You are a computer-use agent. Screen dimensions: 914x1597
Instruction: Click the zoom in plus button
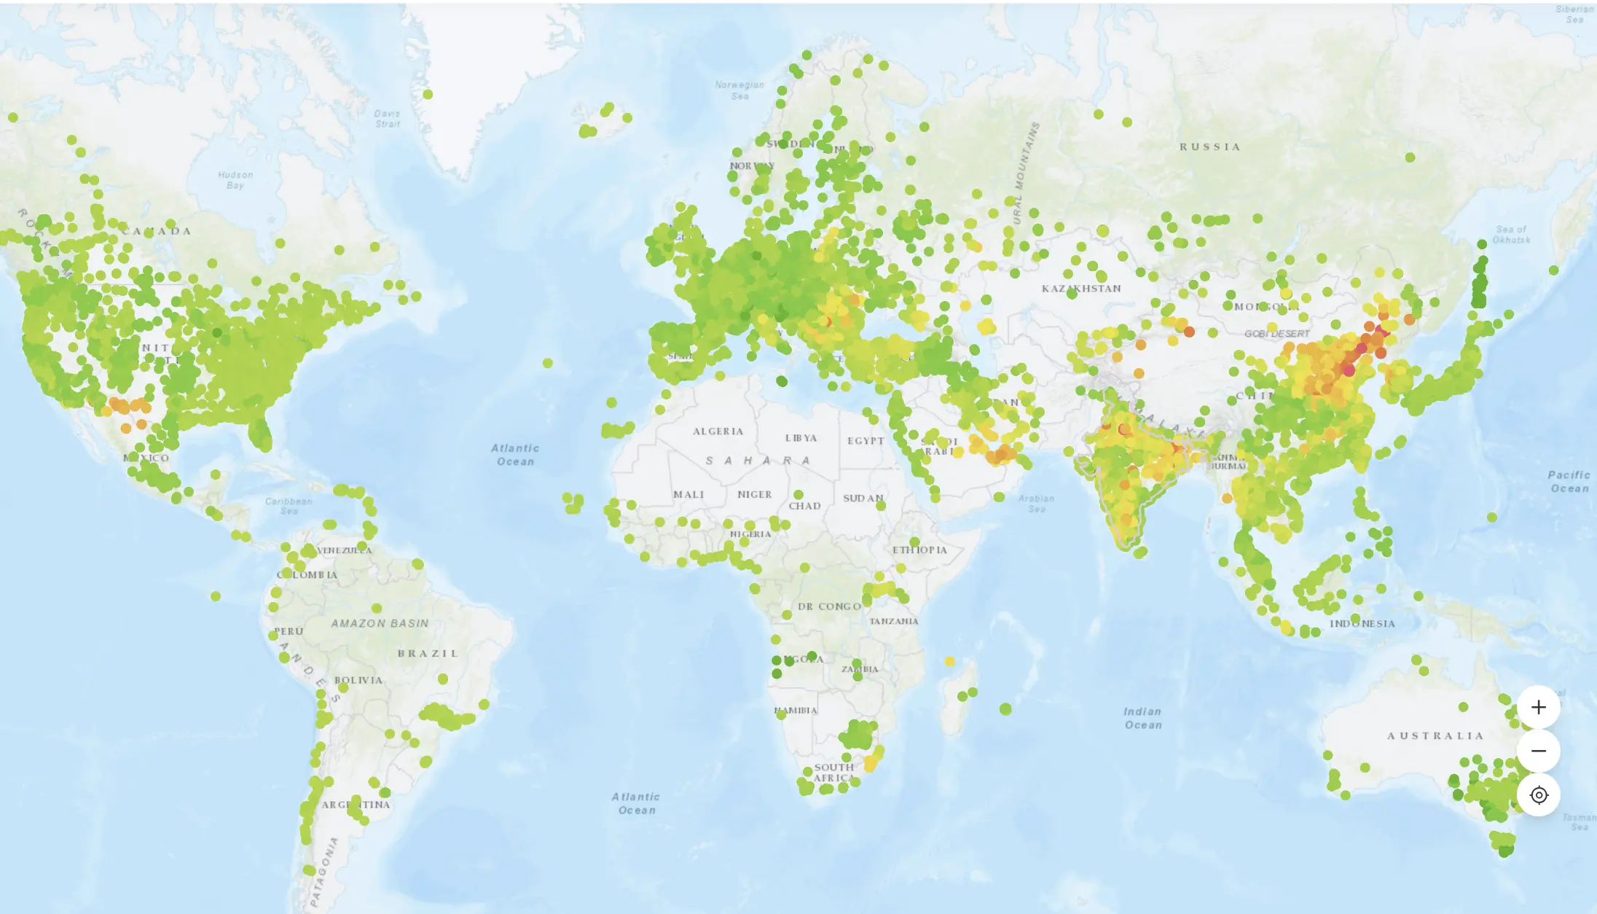tap(1538, 707)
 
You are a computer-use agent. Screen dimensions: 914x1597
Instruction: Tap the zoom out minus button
tap(1538, 751)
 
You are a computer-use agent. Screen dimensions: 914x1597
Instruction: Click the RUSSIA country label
tap(1209, 147)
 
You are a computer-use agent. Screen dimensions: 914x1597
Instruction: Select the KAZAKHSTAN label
tap(1081, 289)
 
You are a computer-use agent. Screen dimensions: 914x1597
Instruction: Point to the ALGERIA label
tap(718, 431)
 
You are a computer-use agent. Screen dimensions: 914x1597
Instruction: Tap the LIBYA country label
tap(801, 438)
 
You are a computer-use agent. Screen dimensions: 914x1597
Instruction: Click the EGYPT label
tap(866, 441)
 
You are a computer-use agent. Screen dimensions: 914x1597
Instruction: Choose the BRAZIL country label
tap(428, 653)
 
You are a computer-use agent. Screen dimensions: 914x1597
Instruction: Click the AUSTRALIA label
tap(1435, 736)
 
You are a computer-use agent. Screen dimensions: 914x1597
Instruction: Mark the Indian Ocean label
tap(1142, 718)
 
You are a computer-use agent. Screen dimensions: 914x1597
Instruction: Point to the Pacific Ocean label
tap(1569, 482)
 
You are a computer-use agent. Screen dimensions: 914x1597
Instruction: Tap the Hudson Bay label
tap(235, 180)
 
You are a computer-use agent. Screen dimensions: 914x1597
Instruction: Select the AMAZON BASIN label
tap(380, 623)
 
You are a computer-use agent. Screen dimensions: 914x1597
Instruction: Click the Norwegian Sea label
tap(739, 90)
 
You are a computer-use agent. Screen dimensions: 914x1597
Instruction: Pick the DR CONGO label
tap(829, 606)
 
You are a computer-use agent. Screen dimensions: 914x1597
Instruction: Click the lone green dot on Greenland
tap(428, 94)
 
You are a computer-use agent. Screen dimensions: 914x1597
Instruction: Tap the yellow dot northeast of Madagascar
tap(949, 662)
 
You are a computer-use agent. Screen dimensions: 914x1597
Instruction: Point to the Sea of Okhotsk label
tap(1511, 234)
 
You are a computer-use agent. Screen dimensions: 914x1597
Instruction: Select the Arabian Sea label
tap(1036, 504)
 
